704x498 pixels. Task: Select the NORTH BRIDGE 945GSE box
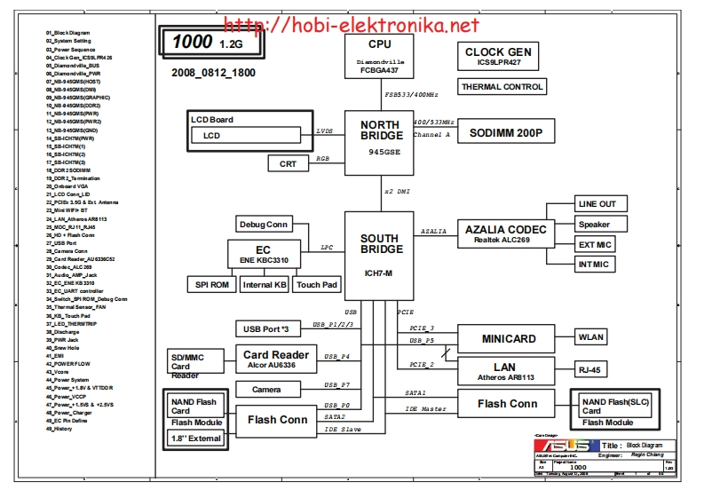[x=379, y=137]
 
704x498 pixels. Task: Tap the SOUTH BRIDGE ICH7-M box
[x=379, y=253]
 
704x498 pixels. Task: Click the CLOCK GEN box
[x=498, y=58]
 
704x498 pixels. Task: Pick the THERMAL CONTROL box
[x=502, y=87]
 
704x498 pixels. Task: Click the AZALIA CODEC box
[x=506, y=233]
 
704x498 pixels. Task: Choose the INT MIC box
[x=594, y=264]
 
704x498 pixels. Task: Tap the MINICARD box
[x=508, y=339]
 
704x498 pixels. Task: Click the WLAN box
[x=591, y=337]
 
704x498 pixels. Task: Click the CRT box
[x=289, y=163]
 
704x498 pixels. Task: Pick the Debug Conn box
[x=264, y=225]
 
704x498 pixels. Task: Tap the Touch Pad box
[x=317, y=285]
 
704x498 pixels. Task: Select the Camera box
[x=266, y=390]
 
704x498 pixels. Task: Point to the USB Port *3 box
[x=271, y=329]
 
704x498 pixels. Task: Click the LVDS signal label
[x=325, y=131]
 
